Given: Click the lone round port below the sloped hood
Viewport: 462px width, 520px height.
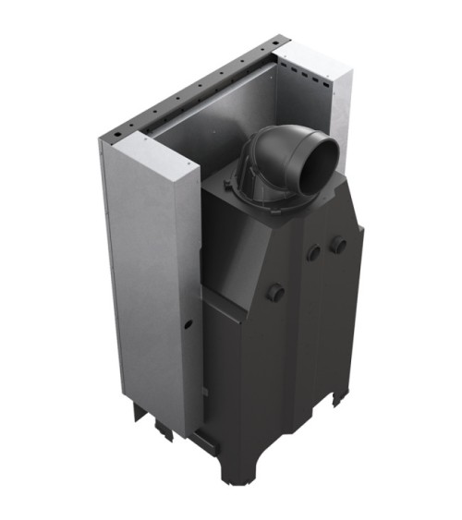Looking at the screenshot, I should point(277,293).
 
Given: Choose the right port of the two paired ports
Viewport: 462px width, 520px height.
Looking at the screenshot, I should point(339,244).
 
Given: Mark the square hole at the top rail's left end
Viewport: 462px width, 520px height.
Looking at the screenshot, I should point(112,138).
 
